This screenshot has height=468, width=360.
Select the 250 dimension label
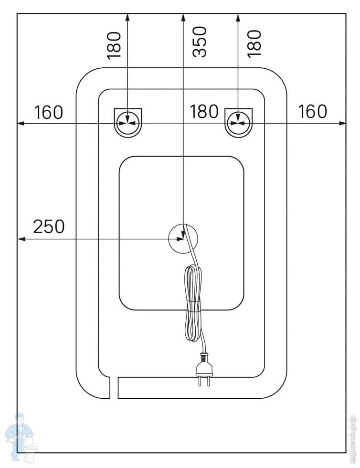pyautogui.click(x=48, y=226)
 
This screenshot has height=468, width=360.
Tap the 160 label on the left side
pyautogui.click(x=48, y=113)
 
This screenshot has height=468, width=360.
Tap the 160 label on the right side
pyautogui.click(x=313, y=111)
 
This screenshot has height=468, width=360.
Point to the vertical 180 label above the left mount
pyautogui.click(x=115, y=44)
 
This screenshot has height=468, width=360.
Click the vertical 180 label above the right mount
pyautogui.click(x=254, y=43)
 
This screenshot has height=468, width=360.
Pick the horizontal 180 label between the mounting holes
pyautogui.click(x=204, y=112)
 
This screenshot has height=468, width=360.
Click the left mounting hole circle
pyautogui.click(x=128, y=122)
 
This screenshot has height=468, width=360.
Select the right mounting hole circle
pyautogui.click(x=239, y=122)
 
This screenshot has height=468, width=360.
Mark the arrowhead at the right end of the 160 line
pyautogui.click(x=342, y=123)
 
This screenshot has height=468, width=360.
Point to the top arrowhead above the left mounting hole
pyautogui.click(x=127, y=18)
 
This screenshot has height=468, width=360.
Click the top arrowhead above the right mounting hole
pyautogui.click(x=238, y=18)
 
